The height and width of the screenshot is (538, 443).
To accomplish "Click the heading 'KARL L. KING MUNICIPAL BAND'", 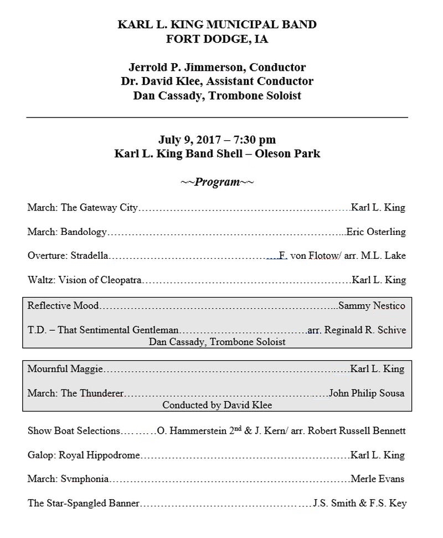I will (x=217, y=25).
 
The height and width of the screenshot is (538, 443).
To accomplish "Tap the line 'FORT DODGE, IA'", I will (x=217, y=39).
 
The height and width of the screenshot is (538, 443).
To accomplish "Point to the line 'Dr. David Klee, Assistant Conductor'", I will (x=217, y=81).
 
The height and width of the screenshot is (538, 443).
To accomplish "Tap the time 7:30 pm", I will (x=252, y=140).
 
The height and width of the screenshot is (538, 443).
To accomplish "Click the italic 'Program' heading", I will (x=217, y=182).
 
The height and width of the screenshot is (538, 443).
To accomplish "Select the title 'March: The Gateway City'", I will (x=83, y=208).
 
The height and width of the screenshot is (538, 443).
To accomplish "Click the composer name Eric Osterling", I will (x=376, y=232).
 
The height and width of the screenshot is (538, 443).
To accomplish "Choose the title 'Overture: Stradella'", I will (x=68, y=255).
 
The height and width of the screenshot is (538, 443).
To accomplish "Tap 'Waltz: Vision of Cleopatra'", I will (x=85, y=280).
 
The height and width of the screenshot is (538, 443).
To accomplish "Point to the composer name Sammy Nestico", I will (x=372, y=305).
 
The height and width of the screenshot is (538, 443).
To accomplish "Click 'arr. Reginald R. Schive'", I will (x=357, y=330).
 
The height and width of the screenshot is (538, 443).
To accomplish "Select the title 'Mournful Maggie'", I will (x=65, y=368).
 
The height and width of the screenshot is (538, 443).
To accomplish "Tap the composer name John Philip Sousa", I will (x=367, y=393).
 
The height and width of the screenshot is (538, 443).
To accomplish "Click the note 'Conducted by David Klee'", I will (x=217, y=405).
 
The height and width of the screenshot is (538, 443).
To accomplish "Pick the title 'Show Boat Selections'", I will (x=73, y=431).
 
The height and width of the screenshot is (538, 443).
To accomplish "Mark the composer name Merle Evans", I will (x=378, y=479).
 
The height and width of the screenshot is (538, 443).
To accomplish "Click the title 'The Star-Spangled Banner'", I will (x=83, y=503).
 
